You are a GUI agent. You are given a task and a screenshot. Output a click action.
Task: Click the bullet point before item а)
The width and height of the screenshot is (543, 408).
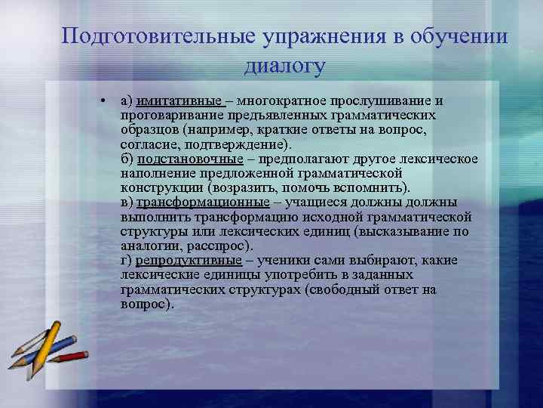click(100, 100)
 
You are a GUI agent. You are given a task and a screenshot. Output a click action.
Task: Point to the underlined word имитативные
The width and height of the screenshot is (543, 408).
click(179, 100)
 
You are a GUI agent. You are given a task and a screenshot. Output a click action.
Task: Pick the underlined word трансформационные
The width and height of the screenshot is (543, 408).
click(202, 202)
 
